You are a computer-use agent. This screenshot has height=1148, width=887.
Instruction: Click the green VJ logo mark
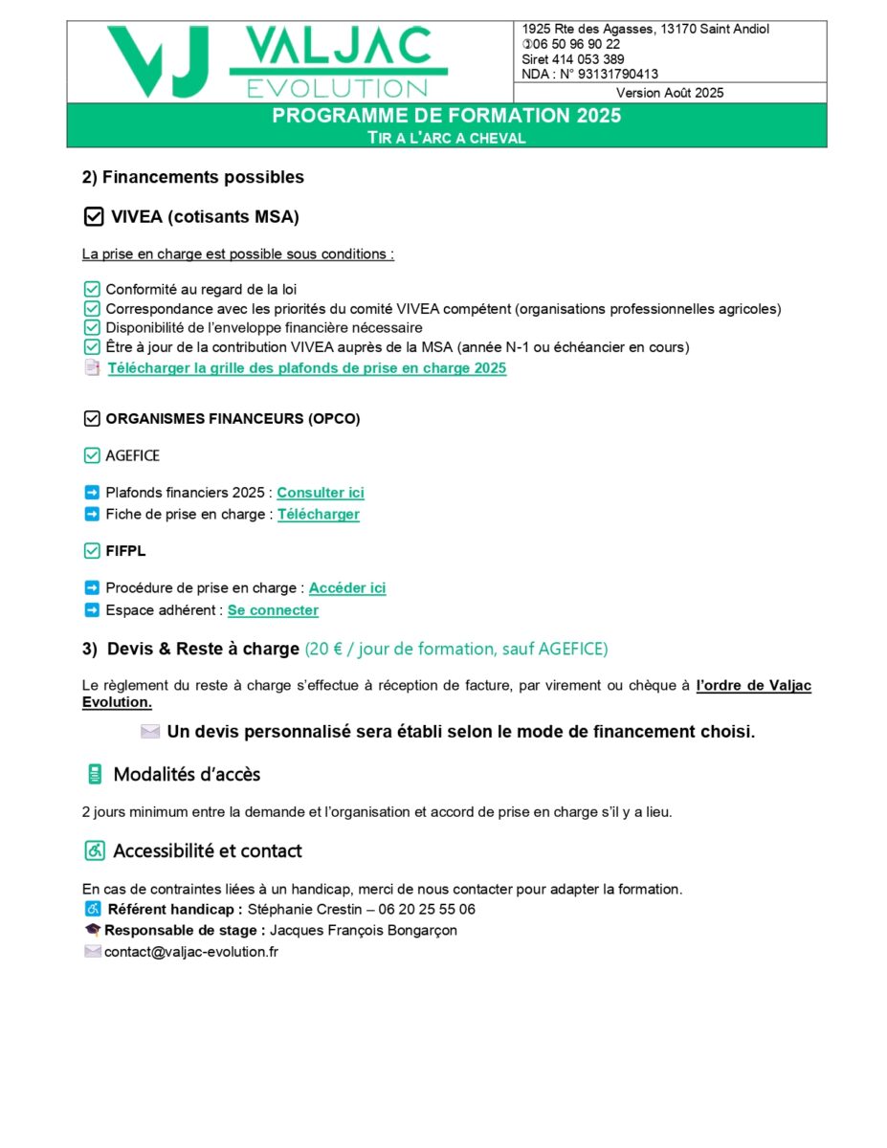[158, 61]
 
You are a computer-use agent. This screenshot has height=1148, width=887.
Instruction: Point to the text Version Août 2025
[670, 93]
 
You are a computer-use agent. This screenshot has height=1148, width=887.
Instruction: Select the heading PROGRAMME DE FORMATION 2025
[446, 116]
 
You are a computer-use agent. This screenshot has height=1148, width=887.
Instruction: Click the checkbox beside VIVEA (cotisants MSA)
[94, 217]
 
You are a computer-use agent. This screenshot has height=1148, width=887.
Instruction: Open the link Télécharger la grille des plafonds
[307, 368]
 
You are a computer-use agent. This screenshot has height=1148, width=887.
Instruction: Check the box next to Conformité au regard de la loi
[92, 289]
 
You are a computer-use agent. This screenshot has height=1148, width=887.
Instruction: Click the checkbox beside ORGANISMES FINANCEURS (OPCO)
[92, 418]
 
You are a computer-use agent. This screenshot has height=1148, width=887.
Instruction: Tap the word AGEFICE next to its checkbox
[133, 455]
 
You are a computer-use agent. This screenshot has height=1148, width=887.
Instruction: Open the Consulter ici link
[321, 493]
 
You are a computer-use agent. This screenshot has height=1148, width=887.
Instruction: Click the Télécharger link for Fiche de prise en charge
[319, 514]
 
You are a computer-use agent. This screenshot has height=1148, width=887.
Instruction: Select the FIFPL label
[125, 551]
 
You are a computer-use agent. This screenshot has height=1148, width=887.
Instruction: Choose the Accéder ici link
[347, 588]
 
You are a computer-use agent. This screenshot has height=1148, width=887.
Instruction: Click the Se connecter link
[273, 610]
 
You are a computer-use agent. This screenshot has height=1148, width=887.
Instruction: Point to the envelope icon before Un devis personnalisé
[150, 732]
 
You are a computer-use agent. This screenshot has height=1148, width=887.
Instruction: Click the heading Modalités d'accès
[187, 774]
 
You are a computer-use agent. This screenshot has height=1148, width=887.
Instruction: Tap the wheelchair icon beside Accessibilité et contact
[95, 850]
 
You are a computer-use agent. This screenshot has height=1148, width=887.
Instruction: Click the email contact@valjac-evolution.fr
[191, 952]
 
